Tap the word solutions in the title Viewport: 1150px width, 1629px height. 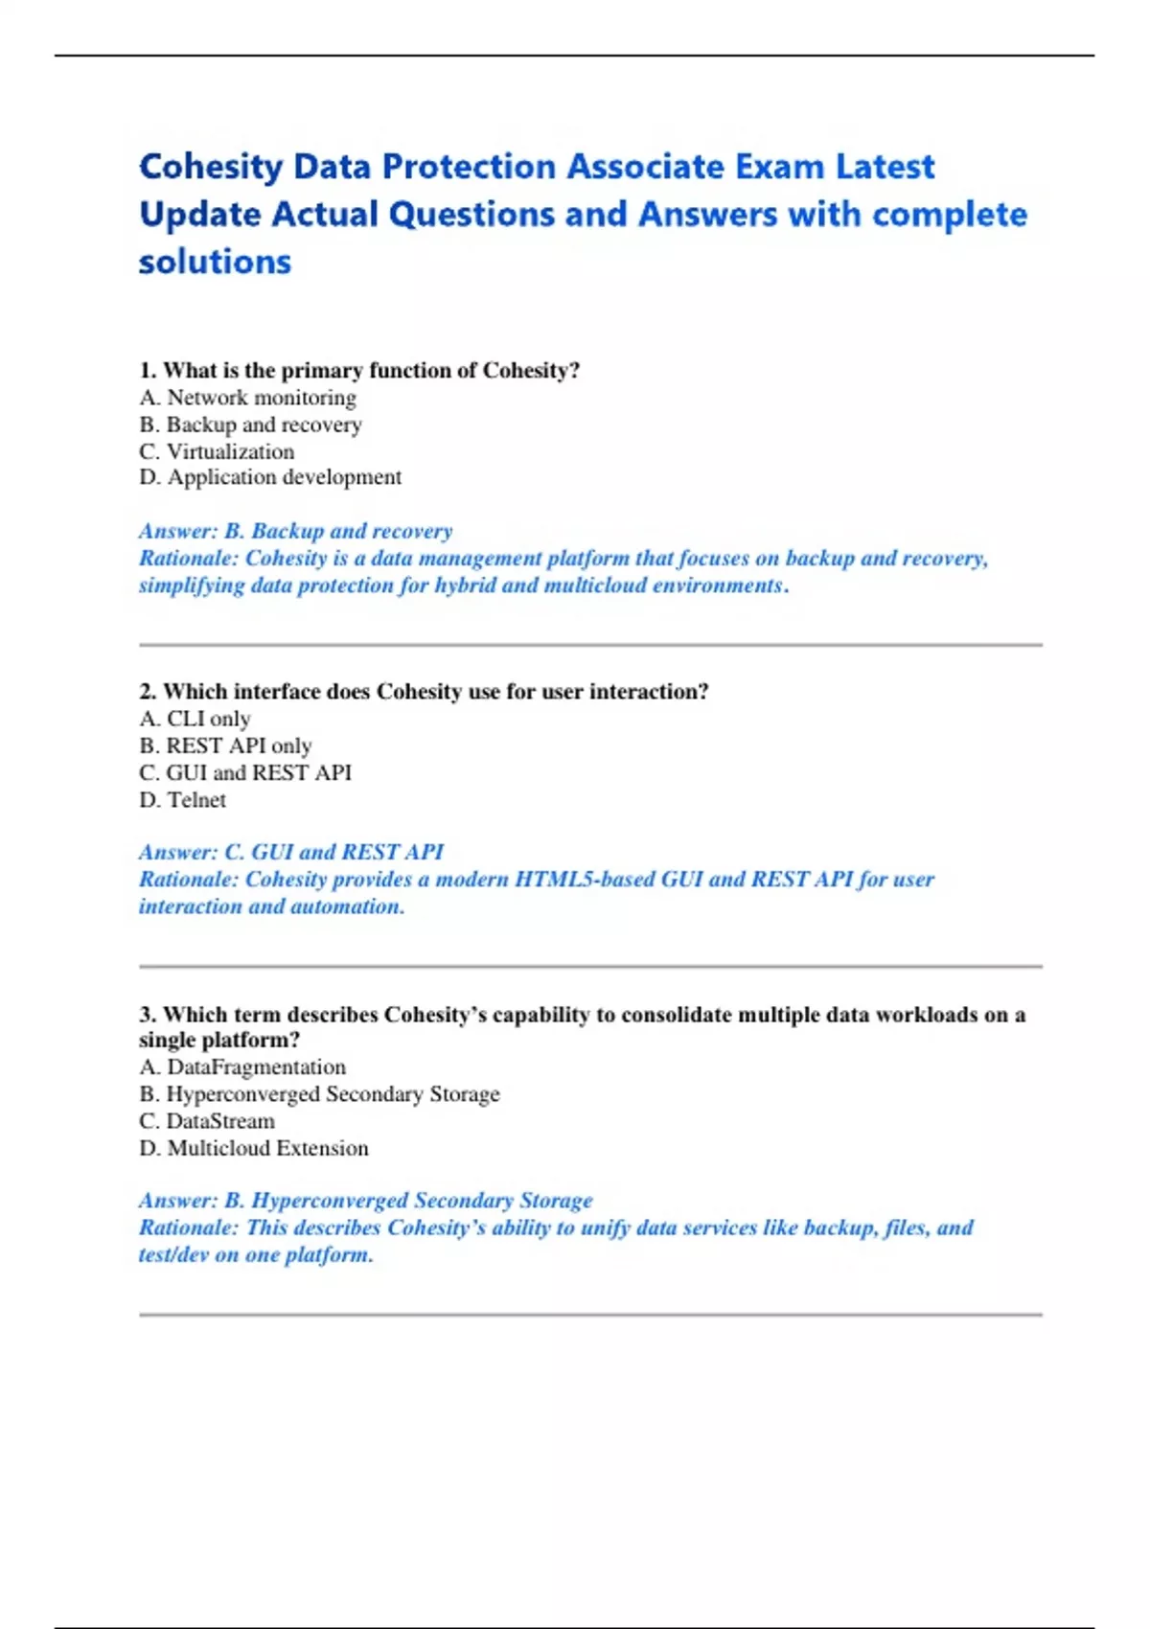pos(215,262)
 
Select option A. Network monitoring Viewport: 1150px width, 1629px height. pos(247,398)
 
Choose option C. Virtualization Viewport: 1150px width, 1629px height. pos(217,451)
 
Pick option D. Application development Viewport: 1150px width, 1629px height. pos(270,477)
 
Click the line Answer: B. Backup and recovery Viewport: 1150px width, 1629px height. pos(295,531)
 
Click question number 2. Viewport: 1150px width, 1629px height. pos(148,692)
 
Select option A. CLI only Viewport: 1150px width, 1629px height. pos(195,719)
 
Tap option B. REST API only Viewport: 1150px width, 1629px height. pos(225,746)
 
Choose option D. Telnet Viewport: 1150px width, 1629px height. pos(182,800)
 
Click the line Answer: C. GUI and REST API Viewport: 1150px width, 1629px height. pos(291,852)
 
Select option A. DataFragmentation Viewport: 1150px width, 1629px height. pos(242,1067)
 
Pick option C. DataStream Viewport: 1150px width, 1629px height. pos(207,1121)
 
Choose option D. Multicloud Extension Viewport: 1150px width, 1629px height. pos(254,1148)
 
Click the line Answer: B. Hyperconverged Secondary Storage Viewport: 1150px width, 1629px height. pos(366,1201)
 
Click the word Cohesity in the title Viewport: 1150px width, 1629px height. pos(211,167)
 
